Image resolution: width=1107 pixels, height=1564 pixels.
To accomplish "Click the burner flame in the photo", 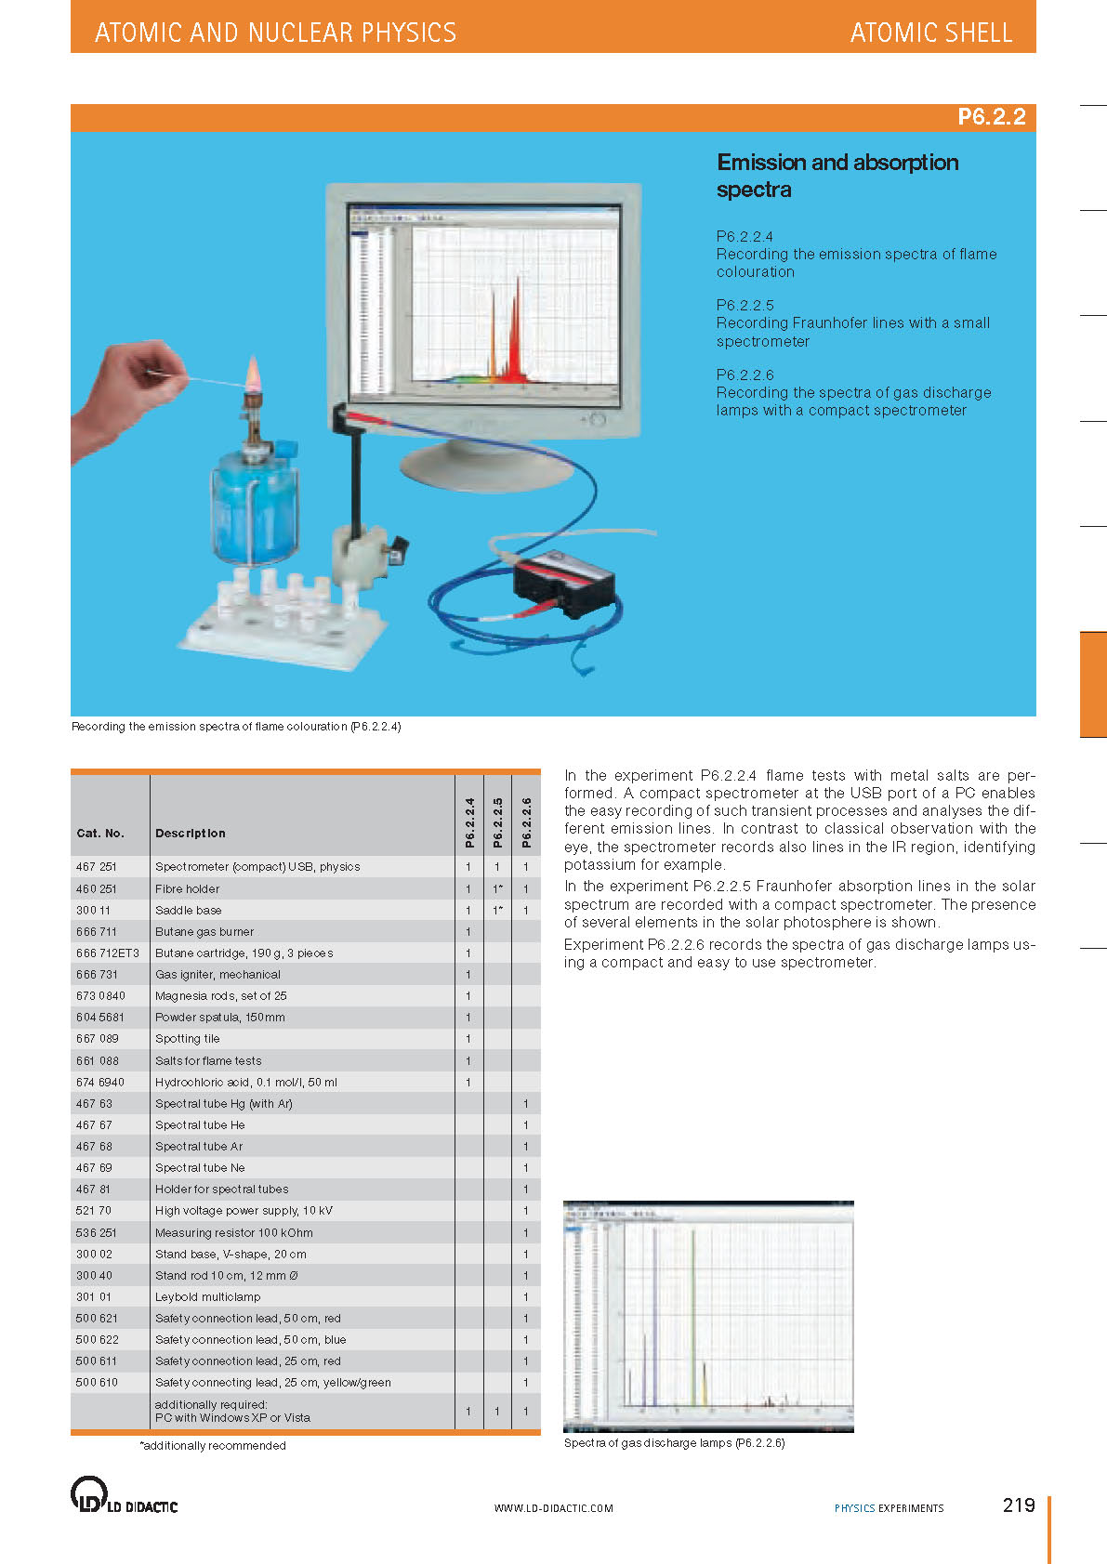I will click(251, 375).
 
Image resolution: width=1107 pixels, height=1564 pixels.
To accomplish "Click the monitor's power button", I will click(597, 421).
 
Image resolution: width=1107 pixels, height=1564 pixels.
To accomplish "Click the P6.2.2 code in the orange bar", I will click(991, 117).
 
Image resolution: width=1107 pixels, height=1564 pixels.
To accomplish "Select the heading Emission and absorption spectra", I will click(837, 176).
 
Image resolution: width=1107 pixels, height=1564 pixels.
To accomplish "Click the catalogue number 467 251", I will click(97, 867).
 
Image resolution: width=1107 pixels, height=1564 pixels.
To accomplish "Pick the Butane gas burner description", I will click(204, 931).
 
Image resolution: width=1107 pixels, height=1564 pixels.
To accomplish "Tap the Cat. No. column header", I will click(99, 834).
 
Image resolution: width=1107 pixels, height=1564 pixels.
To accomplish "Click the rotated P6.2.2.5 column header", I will click(497, 822).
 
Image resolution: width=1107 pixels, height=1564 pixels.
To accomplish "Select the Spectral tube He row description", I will click(200, 1124).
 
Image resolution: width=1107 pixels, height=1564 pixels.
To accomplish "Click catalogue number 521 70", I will click(93, 1211).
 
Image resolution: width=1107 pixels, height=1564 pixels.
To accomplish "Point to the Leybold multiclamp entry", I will click(207, 1296).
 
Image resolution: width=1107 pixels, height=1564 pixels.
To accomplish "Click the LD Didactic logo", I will click(124, 1495).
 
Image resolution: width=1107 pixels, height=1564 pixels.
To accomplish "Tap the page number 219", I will click(1018, 1505).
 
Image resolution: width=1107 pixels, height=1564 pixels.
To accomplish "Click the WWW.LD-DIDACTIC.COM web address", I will click(553, 1508).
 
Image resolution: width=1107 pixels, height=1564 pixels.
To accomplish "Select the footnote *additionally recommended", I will click(213, 1446).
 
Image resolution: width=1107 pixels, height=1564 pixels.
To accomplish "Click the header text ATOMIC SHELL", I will click(930, 33).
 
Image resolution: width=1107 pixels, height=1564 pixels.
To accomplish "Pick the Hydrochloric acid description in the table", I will click(246, 1082).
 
